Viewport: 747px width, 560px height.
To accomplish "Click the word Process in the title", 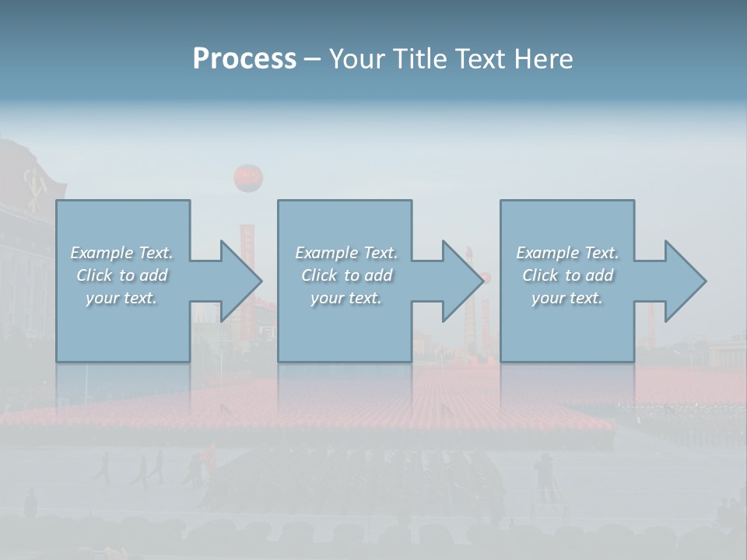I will pyautogui.click(x=244, y=59).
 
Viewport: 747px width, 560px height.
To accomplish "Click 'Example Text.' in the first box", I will pyautogui.click(x=121, y=253).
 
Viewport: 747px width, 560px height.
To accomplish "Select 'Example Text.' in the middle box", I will pyautogui.click(x=345, y=253).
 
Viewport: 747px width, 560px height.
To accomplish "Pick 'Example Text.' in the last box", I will pyautogui.click(x=567, y=253).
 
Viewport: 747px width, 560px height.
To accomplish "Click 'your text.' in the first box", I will pyautogui.click(x=121, y=298).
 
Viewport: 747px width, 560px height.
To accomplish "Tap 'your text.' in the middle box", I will pyautogui.click(x=345, y=298).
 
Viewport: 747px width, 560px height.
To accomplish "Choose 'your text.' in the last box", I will pyautogui.click(x=567, y=298).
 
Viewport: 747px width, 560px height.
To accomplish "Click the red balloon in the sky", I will pyautogui.click(x=248, y=178).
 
